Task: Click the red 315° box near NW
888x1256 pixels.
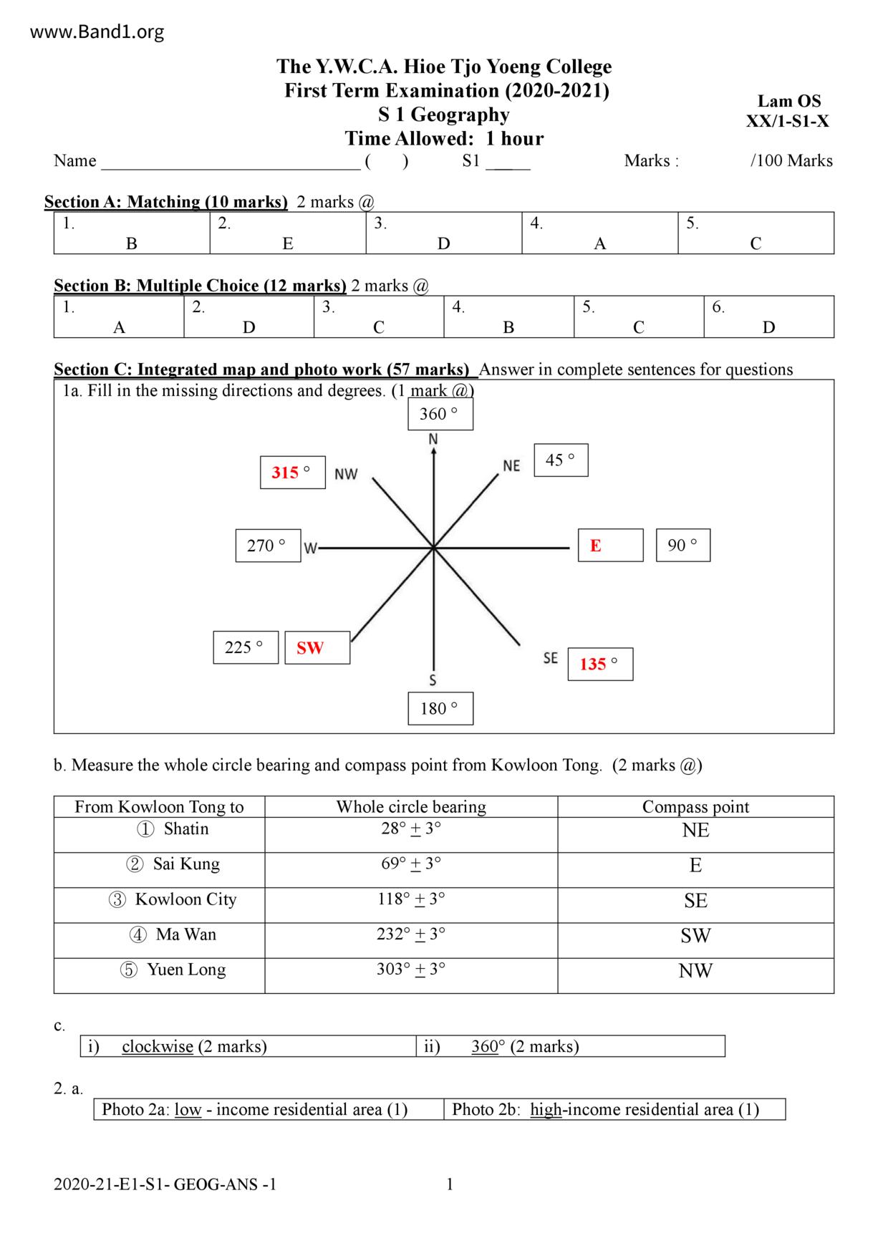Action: click(x=292, y=473)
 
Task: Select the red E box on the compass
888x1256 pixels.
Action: click(x=610, y=546)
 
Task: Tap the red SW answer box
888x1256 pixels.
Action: click(x=317, y=648)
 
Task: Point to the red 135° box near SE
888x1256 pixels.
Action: click(x=600, y=665)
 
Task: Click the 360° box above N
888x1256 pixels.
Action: click(x=440, y=415)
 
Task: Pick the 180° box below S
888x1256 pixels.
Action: click(x=440, y=709)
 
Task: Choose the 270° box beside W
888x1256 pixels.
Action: click(x=268, y=546)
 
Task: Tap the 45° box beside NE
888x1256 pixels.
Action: click(x=561, y=460)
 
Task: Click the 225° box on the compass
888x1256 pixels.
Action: click(x=245, y=648)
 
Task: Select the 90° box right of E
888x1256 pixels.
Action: click(x=682, y=546)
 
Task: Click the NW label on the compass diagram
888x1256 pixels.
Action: click(x=346, y=474)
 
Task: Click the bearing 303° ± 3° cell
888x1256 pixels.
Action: click(x=411, y=970)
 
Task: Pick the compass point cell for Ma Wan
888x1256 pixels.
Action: click(x=695, y=936)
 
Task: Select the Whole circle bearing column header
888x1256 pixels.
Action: click(x=411, y=807)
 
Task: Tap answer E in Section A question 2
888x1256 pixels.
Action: click(x=288, y=243)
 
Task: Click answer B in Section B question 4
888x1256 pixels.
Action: click(x=508, y=327)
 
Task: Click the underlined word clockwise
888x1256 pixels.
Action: click(x=158, y=1046)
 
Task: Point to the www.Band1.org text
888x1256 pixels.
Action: click(x=98, y=32)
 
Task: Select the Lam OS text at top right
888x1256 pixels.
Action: click(x=789, y=101)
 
